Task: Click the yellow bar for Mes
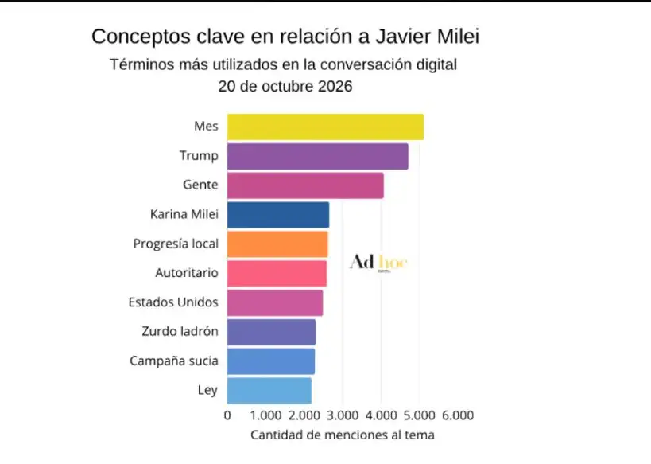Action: pos(325,127)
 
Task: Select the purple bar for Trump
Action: pos(318,156)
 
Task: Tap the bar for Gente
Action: pos(305,185)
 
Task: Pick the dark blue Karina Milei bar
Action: pos(278,215)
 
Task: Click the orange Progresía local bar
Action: pos(277,244)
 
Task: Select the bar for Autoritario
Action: pos(277,274)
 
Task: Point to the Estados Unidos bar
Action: pos(275,302)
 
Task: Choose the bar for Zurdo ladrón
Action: pos(271,332)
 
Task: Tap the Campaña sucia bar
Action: pos(271,361)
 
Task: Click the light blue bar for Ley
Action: pos(269,391)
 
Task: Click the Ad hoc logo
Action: pos(378,263)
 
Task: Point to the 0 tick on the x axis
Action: pos(227,415)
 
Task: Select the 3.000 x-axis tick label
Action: pos(343,415)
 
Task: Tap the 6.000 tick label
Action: pos(458,415)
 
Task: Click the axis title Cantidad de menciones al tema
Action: pos(343,435)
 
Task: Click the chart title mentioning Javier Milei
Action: pos(285,37)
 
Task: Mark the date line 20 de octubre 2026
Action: pos(285,87)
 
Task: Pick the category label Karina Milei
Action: pos(184,214)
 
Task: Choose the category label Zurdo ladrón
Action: pos(180,331)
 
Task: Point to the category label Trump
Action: pos(199,155)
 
